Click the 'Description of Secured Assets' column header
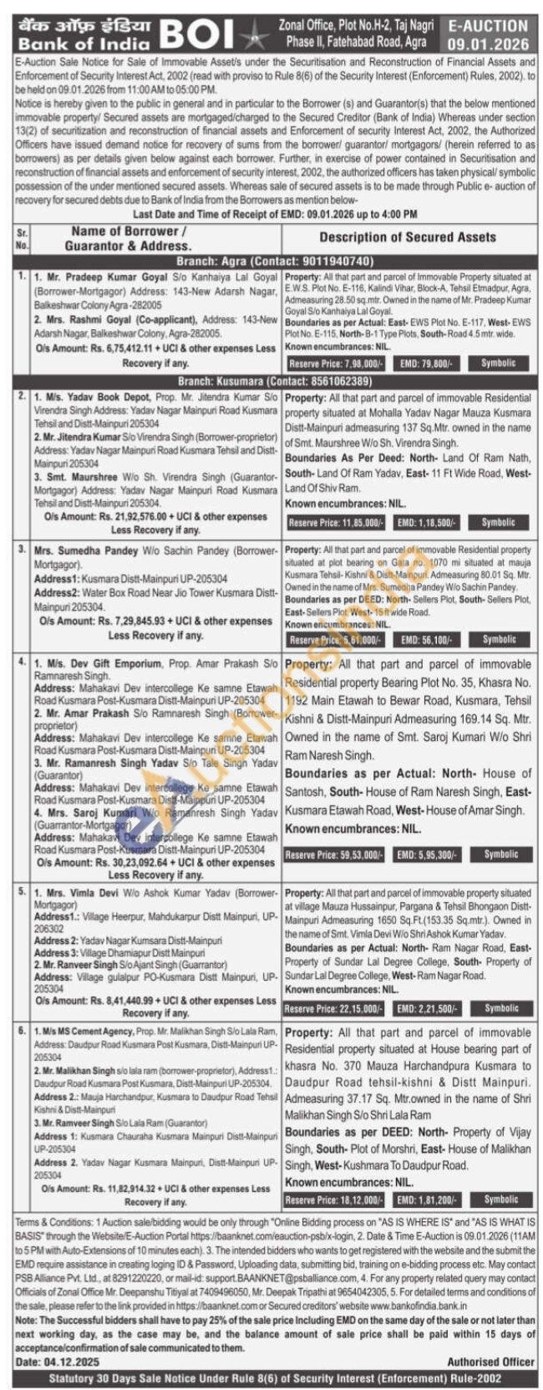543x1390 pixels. [x=407, y=237]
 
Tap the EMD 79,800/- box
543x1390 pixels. [x=426, y=364]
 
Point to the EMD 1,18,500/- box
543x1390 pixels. [x=426, y=522]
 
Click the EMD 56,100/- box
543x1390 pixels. [x=426, y=640]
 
